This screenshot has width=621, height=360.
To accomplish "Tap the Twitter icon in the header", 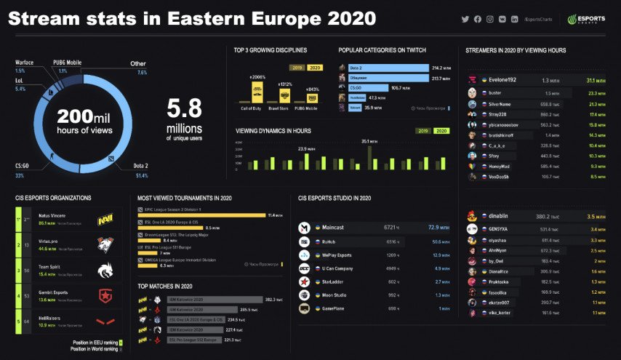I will [x=465, y=19].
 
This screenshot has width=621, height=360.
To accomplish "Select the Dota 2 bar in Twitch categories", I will [x=388, y=67].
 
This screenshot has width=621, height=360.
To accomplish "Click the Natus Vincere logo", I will [x=106, y=218].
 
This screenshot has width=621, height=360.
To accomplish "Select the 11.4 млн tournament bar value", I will [x=274, y=215].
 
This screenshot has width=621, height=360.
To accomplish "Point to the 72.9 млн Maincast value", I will [x=438, y=228].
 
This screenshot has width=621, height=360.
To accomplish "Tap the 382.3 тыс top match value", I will [x=273, y=299].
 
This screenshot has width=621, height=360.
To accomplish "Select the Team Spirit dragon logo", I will [x=106, y=271].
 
